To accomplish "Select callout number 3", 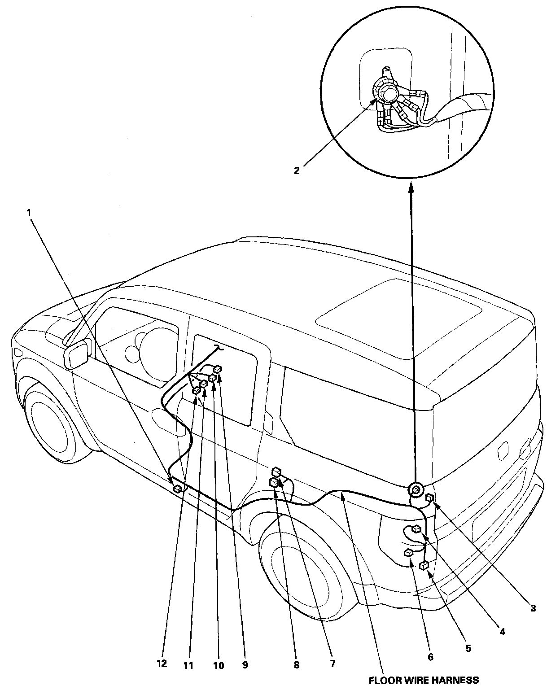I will [x=533, y=609].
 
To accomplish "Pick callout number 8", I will [x=297, y=665].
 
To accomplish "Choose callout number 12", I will [x=162, y=664].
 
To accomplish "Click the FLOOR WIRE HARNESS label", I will [x=423, y=681].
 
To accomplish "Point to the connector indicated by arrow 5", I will [x=423, y=566].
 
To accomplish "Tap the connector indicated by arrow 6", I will [x=408, y=553].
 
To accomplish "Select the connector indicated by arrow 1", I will [x=178, y=489].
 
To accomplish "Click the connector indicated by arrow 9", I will [x=218, y=369].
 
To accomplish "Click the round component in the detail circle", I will [x=388, y=93].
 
